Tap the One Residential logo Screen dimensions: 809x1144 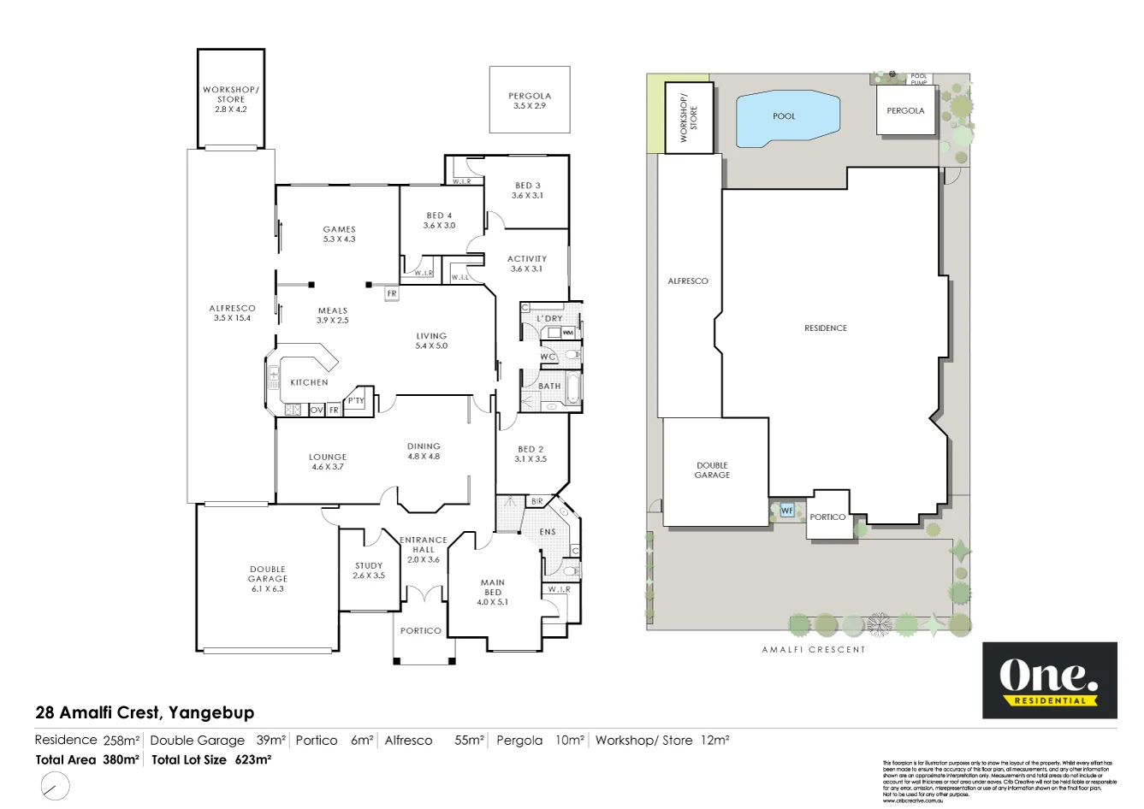tap(1049, 681)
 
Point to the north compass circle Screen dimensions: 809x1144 tap(56, 785)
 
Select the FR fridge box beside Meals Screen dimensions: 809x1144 tap(392, 293)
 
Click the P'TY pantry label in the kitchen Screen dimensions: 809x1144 tap(356, 400)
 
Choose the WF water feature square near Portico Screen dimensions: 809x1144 tap(786, 511)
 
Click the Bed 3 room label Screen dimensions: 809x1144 tap(528, 190)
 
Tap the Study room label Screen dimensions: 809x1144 tap(369, 570)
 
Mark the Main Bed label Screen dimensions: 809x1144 tap(493, 592)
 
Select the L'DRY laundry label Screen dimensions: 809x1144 tap(549, 318)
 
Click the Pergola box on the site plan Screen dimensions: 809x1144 tap(905, 111)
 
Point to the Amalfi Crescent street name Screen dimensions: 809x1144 tap(814, 650)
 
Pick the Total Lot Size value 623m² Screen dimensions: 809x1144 tap(253, 759)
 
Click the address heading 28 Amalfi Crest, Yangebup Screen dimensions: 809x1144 tap(145, 712)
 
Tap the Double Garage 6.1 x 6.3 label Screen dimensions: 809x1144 tap(268, 579)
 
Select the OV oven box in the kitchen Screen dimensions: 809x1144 tap(317, 410)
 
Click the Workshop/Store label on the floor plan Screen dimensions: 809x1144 tap(230, 99)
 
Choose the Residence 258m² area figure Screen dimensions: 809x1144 tap(121, 741)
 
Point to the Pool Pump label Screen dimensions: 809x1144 tap(919, 79)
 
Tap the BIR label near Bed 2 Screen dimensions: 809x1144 tap(536, 501)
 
